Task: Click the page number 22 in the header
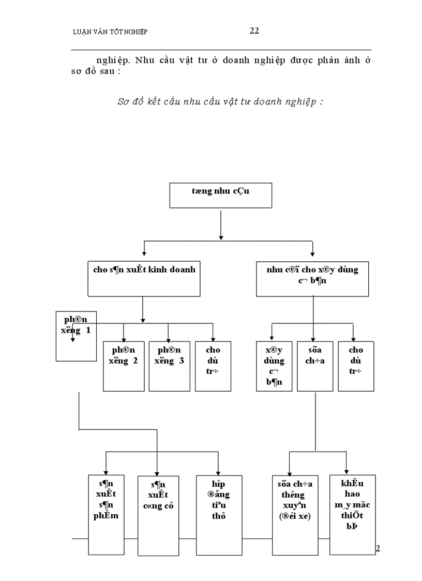coord(254,31)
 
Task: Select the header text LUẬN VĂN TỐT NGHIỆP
coord(110,32)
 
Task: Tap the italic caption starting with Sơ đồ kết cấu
coord(220,101)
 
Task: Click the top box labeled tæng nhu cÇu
coord(221,195)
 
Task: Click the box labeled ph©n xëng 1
coord(77,336)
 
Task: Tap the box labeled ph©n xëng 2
coord(123,366)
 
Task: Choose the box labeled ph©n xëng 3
coord(169,366)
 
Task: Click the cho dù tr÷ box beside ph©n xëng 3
coord(213,366)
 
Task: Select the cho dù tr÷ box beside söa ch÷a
coord(356,366)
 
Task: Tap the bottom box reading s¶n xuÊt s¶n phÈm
coord(106,513)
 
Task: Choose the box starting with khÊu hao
coord(352,514)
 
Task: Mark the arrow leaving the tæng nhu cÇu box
coord(221,224)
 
